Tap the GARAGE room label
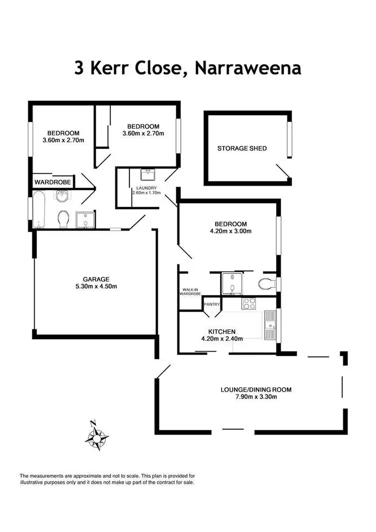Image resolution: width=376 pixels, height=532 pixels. tap(96, 279)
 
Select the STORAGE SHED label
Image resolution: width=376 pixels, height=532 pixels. tap(242, 148)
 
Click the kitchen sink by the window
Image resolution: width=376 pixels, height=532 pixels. tap(270, 325)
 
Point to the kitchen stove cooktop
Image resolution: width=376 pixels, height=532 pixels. tap(249, 303)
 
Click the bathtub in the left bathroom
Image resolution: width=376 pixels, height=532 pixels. tap(40, 209)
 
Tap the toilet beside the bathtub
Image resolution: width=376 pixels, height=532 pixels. tap(64, 219)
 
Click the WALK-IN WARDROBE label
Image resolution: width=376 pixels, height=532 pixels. tap(191, 291)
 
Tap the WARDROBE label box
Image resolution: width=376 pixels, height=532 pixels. tap(53, 181)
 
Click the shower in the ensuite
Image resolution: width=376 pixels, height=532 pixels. tap(232, 283)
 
